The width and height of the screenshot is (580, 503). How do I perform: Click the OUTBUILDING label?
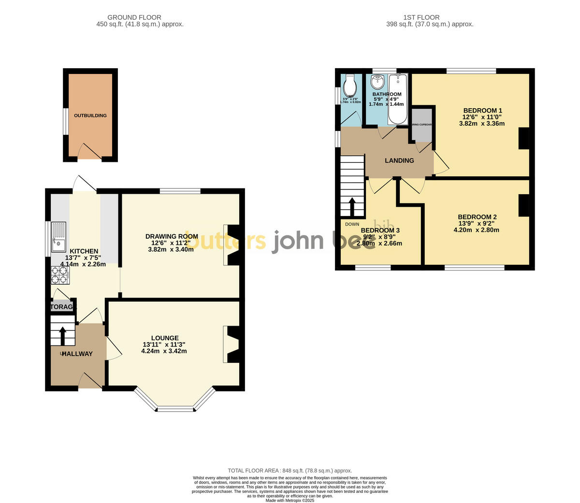pyautogui.click(x=90, y=115)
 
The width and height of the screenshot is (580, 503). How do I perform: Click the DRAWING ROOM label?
pyautogui.click(x=172, y=236)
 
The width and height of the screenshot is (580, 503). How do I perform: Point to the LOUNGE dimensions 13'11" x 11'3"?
pyautogui.click(x=164, y=345)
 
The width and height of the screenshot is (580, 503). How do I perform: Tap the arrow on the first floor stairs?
pyautogui.click(x=352, y=207)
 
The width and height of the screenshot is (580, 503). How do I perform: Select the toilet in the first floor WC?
pyautogui.click(x=349, y=88)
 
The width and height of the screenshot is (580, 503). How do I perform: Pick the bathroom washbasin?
pyautogui.click(x=378, y=81)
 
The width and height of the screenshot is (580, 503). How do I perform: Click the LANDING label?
pyautogui.click(x=399, y=160)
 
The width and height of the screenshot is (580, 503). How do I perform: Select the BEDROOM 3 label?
pyautogui.click(x=380, y=230)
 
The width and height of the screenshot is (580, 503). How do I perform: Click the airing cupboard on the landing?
pyautogui.click(x=422, y=125)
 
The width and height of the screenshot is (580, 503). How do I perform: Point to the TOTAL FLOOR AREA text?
pyautogui.click(x=290, y=470)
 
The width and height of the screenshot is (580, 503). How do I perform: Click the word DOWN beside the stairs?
pyautogui.click(x=352, y=224)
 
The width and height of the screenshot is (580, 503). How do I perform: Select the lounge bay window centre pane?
pyautogui.click(x=175, y=409)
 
